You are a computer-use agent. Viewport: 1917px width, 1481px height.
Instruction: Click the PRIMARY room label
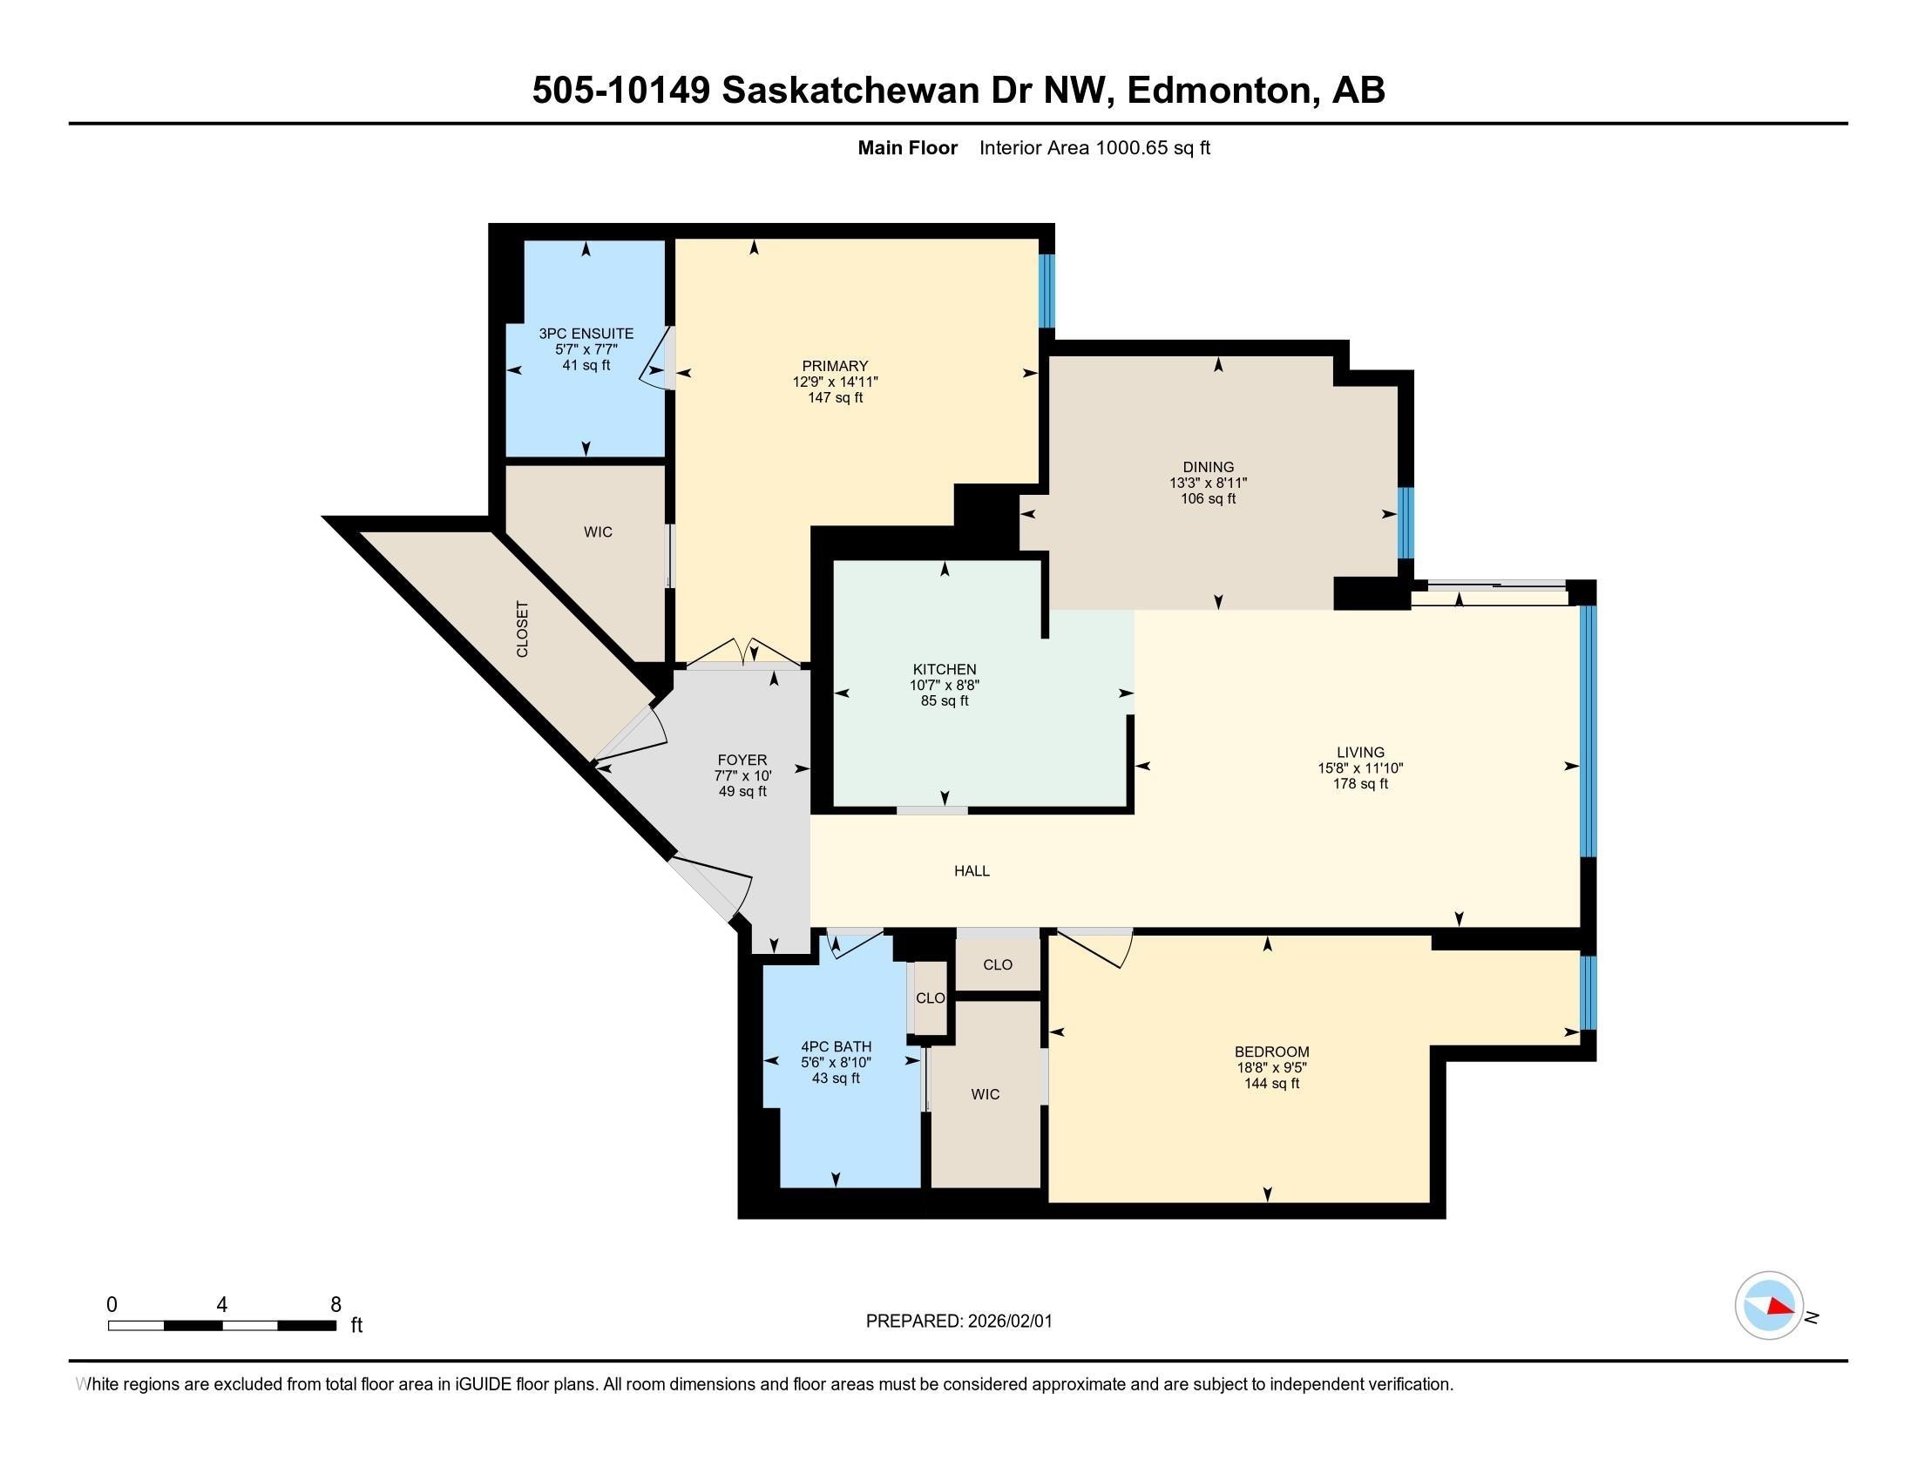(834, 366)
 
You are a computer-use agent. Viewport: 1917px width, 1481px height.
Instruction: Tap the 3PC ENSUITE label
(586, 334)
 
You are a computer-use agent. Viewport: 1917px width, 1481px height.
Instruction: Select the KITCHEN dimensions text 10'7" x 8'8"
(944, 686)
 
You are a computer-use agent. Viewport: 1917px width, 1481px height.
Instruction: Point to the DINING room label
(1208, 467)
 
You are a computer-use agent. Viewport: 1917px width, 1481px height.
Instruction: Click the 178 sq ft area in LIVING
(1359, 783)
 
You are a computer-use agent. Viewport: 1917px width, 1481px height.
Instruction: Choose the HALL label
(972, 870)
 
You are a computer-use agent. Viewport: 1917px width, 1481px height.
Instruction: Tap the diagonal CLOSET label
(522, 629)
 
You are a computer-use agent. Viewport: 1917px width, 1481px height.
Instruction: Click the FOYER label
(742, 760)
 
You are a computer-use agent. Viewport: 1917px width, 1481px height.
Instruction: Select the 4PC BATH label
(836, 1045)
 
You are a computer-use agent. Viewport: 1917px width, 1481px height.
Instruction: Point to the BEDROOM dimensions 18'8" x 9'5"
(1271, 1068)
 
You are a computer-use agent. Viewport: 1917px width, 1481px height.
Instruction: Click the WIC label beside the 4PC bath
(985, 1094)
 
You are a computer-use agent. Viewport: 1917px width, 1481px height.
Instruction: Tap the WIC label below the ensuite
(598, 531)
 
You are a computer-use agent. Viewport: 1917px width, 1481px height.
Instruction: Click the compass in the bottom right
(1769, 1305)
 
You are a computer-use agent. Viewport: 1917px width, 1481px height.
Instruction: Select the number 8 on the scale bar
(335, 1304)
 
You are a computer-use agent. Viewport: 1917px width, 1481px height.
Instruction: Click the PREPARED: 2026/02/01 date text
(958, 1321)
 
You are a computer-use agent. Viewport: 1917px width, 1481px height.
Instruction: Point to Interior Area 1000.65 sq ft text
(1094, 147)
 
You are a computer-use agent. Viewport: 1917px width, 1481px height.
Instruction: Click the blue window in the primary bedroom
(1047, 290)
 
